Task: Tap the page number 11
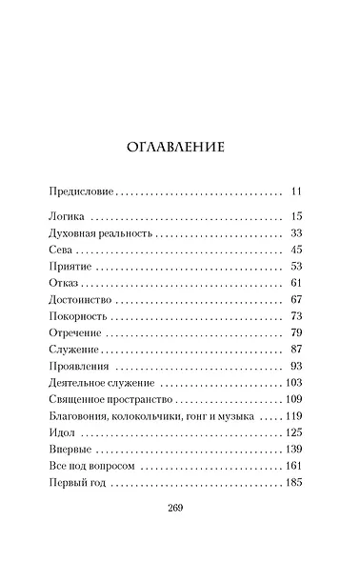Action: click(296, 191)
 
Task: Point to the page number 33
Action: click(296, 233)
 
